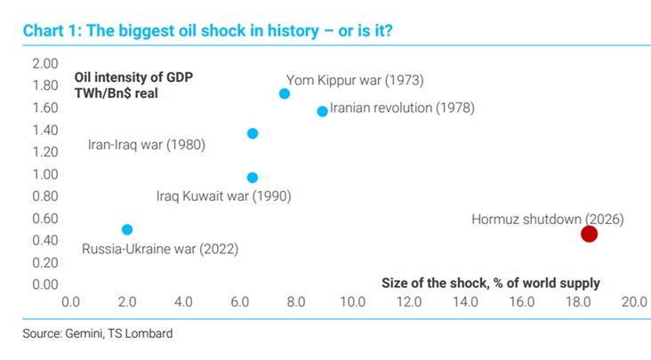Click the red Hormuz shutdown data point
tap(589, 234)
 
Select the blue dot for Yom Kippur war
tap(285, 93)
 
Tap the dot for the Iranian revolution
tap(322, 111)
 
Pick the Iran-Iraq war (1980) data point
tap(253, 133)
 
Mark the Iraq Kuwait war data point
tap(253, 178)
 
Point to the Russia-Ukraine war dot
tap(127, 229)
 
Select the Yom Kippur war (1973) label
tap(355, 80)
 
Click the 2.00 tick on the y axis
tap(44, 64)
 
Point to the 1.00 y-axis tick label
tap(44, 174)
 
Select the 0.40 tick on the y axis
tap(44, 240)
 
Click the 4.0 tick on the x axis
tap(183, 302)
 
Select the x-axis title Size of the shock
tap(491, 284)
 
